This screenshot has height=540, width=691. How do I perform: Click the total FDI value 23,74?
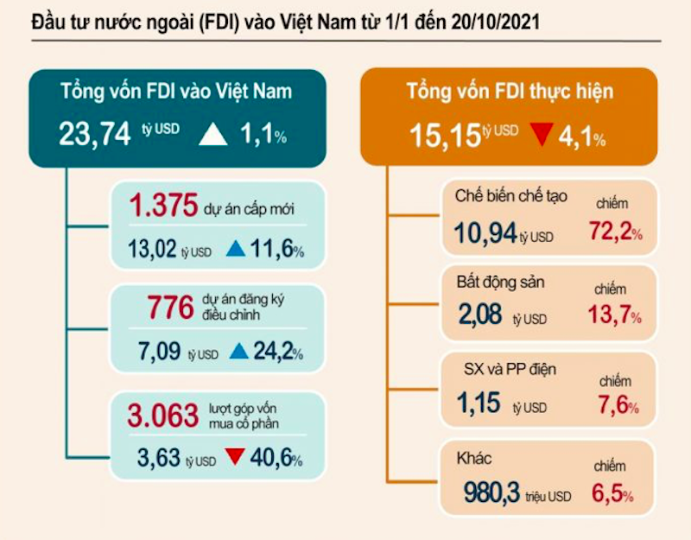pos(94,134)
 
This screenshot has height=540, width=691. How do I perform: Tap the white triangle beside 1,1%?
pos(213,134)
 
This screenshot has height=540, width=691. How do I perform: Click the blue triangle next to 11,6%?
pos(235,251)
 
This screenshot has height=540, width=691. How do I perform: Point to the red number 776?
pos(172,306)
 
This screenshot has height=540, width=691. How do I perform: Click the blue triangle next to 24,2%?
pos(239,352)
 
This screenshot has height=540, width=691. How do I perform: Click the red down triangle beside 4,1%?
pos(541,135)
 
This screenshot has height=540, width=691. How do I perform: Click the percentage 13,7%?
pos(613,316)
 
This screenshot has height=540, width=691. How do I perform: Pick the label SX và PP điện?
pos(505,370)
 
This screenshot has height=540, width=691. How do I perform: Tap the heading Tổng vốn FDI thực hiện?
pos(509,91)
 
